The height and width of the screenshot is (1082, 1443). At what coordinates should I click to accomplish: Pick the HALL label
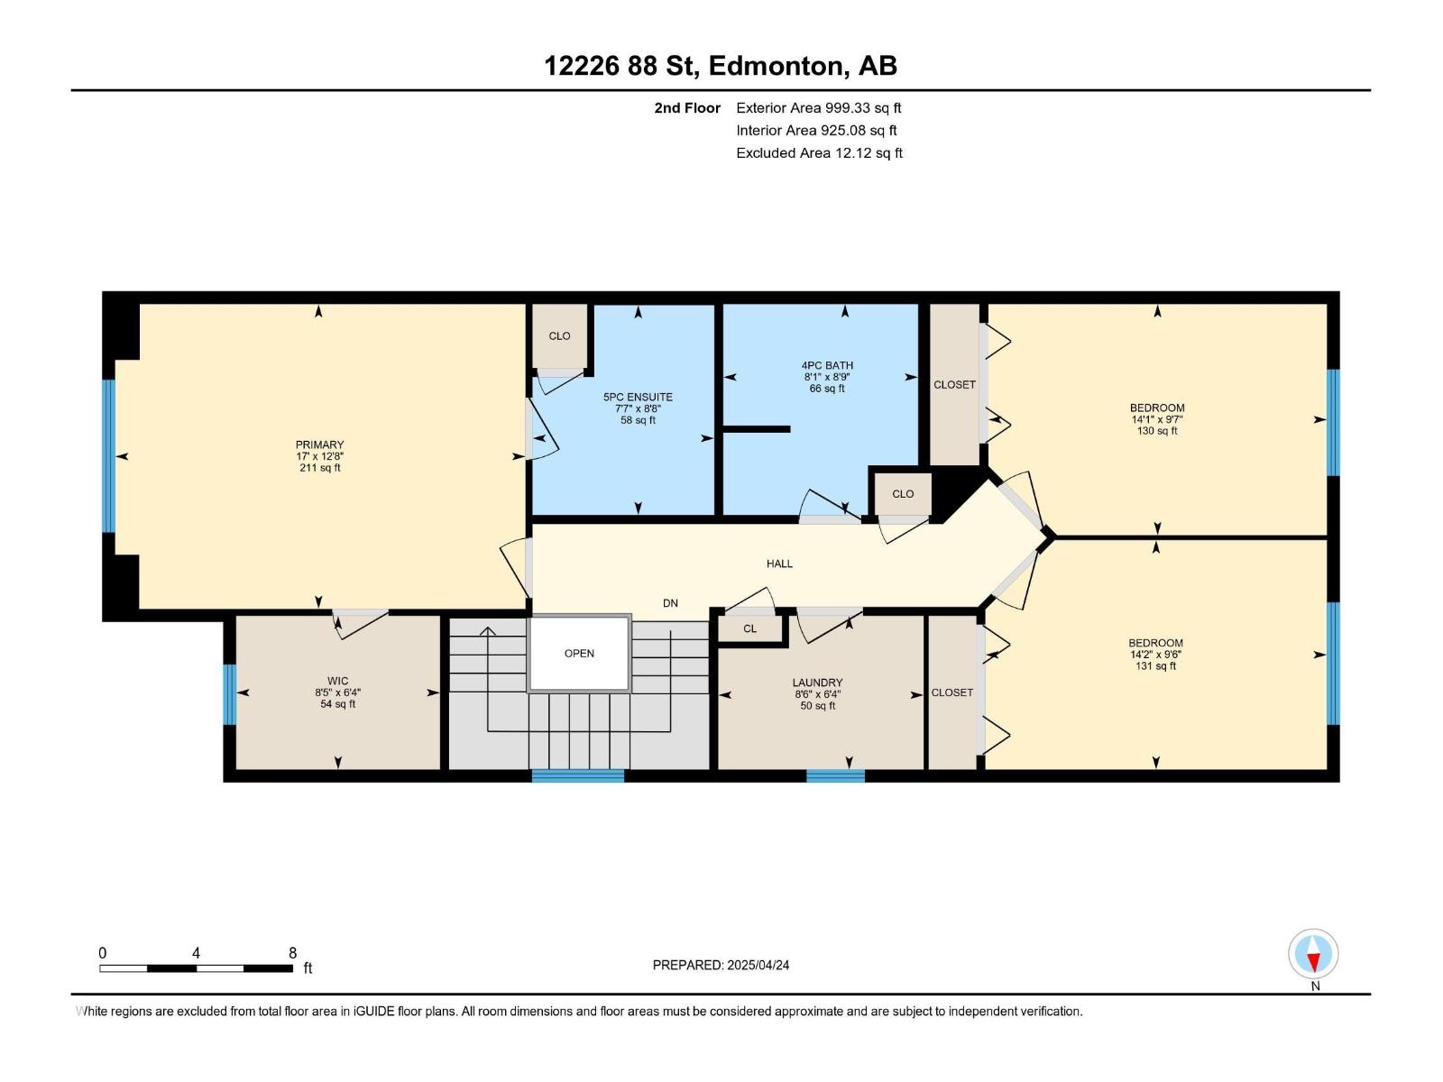[x=779, y=564]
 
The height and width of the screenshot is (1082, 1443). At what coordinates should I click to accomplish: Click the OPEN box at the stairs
[x=579, y=654]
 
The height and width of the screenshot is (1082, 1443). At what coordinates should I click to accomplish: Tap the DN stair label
[x=670, y=603]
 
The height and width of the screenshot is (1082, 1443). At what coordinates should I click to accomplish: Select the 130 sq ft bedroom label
[x=1157, y=419]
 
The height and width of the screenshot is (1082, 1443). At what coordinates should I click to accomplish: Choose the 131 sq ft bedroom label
[x=1155, y=655]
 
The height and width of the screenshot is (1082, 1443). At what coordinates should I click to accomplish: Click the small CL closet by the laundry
[x=750, y=628]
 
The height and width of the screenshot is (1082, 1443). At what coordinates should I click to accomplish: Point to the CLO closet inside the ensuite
[x=559, y=335]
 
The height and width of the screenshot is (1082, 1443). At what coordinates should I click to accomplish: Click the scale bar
[x=196, y=968]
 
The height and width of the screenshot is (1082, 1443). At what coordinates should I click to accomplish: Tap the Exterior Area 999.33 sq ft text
[x=818, y=108]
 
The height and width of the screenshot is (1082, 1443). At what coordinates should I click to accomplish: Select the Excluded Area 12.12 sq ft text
[x=818, y=153]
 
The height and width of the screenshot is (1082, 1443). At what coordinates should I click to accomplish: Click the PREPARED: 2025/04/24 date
[x=721, y=965]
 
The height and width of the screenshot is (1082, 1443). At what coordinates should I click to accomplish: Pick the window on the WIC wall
[x=229, y=694]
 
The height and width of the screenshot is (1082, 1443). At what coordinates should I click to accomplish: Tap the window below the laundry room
[x=835, y=775]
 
